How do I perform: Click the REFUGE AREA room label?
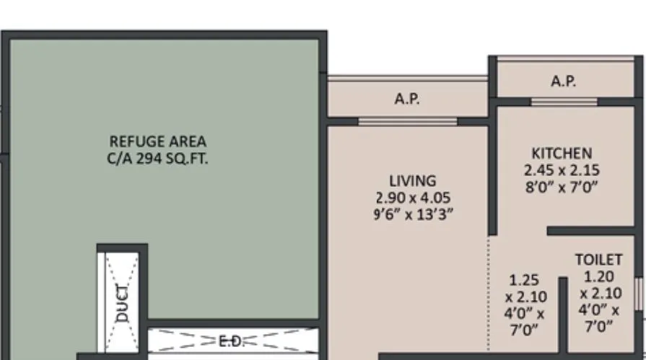(x=157, y=141)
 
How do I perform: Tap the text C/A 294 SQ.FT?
(x=157, y=159)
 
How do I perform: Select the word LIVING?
(x=413, y=180)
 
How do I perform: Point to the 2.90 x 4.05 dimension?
(x=413, y=197)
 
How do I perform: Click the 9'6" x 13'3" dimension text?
(x=413, y=214)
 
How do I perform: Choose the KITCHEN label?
(x=562, y=153)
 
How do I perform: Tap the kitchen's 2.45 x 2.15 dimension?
(x=562, y=171)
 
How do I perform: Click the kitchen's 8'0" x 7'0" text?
(x=562, y=188)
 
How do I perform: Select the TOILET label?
(x=598, y=259)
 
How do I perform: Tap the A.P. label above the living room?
(x=407, y=100)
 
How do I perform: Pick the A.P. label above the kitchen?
(x=564, y=82)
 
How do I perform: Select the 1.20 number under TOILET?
(x=598, y=276)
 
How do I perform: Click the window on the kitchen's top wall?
(x=564, y=102)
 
